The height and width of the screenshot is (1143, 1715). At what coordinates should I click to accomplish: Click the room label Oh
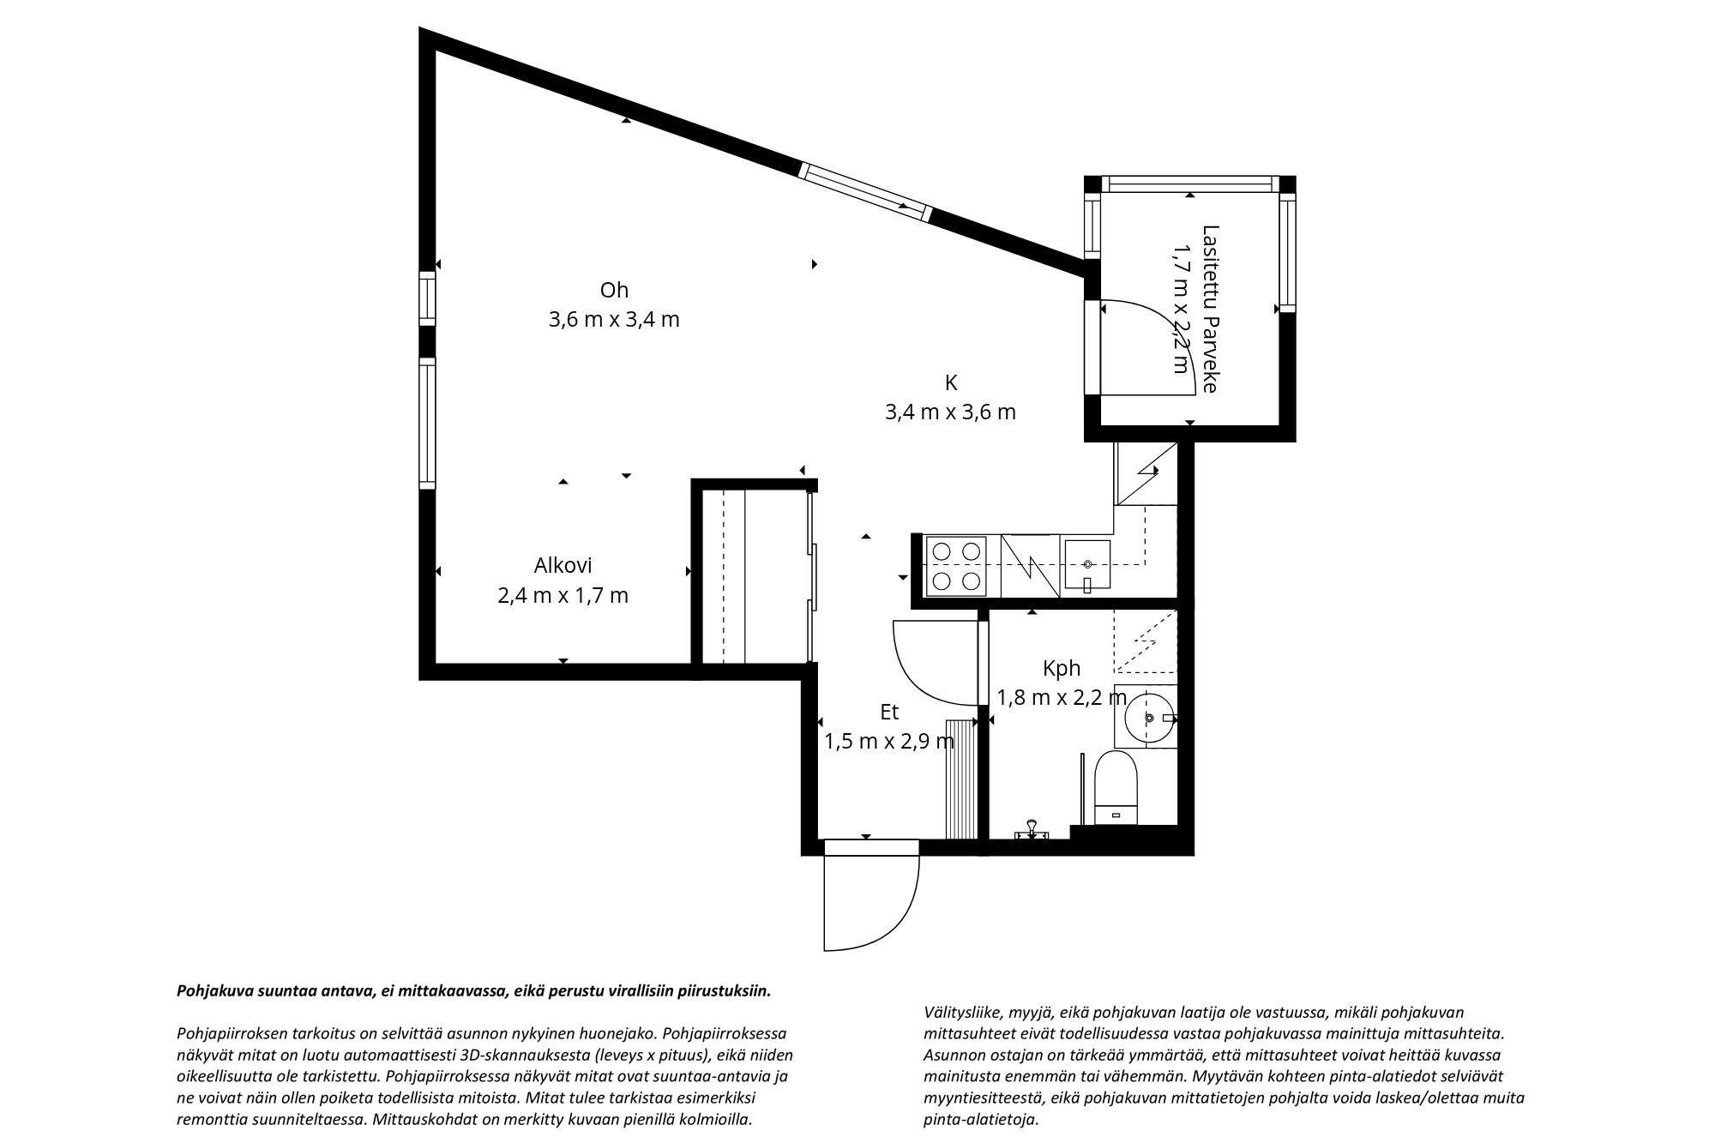click(614, 290)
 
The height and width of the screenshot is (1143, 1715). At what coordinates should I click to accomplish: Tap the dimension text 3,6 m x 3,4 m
click(614, 320)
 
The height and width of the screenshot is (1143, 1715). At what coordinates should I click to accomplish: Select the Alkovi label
click(563, 566)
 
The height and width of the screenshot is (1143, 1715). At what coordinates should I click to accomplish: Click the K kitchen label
click(950, 382)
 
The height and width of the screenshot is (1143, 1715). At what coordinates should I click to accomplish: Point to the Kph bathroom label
click(1061, 668)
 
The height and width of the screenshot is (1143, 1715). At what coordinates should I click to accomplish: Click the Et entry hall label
click(889, 712)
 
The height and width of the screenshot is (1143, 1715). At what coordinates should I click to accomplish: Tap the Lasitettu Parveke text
click(1210, 309)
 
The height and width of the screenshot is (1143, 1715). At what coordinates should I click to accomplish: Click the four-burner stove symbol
click(956, 566)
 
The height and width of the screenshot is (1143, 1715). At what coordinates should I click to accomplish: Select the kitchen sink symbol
click(1086, 566)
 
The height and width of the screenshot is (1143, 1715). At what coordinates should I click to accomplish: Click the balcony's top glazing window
click(1189, 183)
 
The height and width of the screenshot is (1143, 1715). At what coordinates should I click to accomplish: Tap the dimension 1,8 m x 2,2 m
click(1061, 697)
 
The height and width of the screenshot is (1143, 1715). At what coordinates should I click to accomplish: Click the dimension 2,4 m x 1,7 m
click(563, 595)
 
